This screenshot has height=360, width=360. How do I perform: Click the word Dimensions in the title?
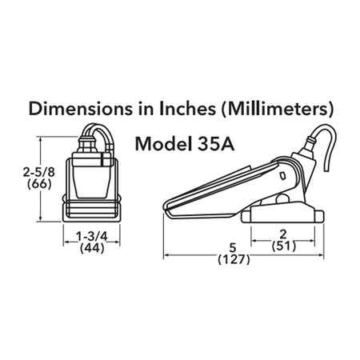[x=80, y=109]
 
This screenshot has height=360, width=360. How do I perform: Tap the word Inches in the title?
[x=188, y=109]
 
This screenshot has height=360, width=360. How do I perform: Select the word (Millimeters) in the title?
[x=278, y=110]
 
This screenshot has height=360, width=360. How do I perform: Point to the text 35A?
[x=216, y=144]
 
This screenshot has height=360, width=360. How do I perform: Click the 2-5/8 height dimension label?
[x=39, y=172]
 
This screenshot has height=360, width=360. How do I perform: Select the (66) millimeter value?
[x=39, y=184]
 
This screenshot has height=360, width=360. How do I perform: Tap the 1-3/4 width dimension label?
[x=92, y=236]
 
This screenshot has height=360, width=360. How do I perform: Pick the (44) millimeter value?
[x=92, y=248]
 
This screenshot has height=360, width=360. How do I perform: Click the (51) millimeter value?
[x=284, y=246]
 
